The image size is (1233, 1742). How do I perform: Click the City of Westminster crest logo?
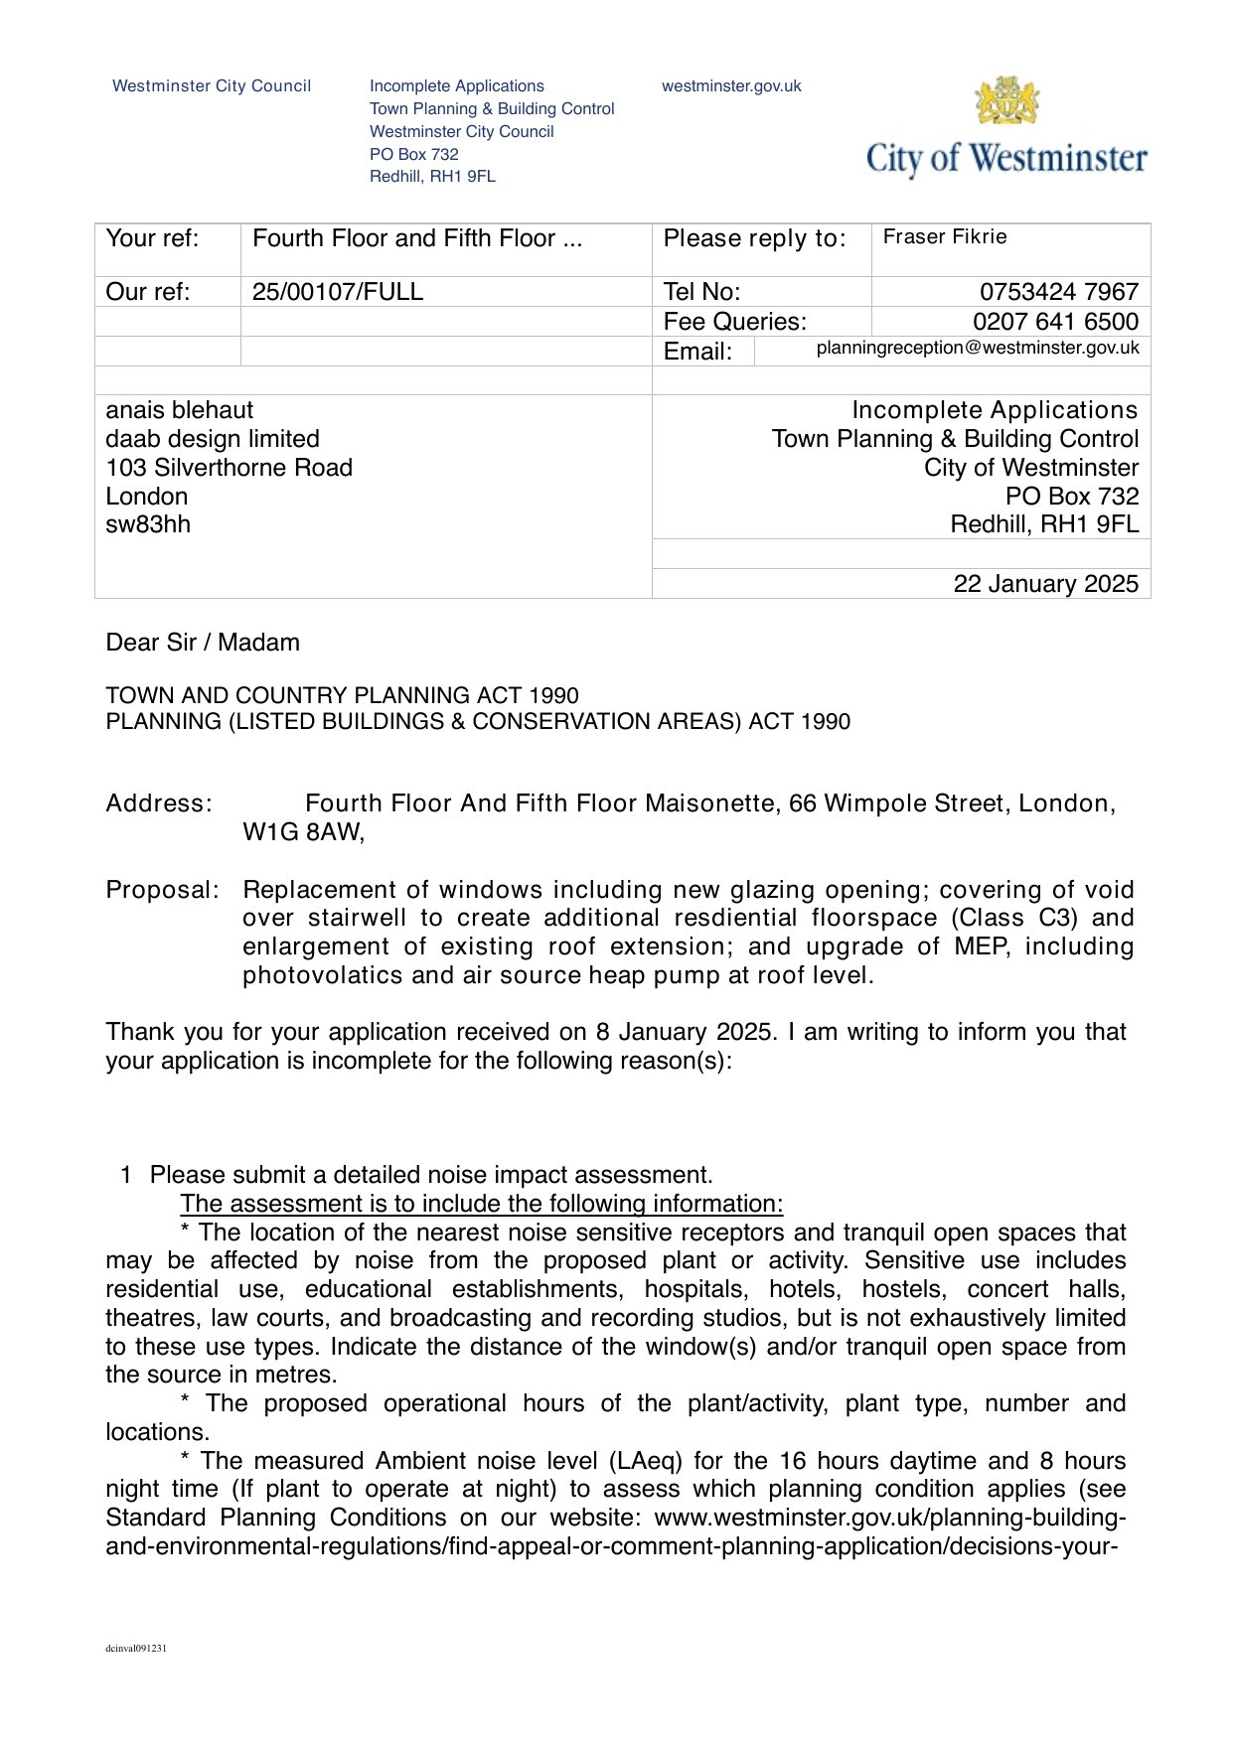pyautogui.click(x=1006, y=101)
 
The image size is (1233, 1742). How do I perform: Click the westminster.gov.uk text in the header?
pyautogui.click(x=731, y=86)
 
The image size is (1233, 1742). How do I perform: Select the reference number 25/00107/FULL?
pyautogui.click(x=338, y=292)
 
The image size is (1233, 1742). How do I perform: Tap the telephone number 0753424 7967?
pyautogui.click(x=1058, y=292)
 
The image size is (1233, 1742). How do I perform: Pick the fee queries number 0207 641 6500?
pyautogui.click(x=1055, y=322)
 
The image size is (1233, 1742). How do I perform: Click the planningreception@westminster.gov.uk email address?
pyautogui.click(x=978, y=349)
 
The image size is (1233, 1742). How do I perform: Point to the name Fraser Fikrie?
pyautogui.click(x=945, y=237)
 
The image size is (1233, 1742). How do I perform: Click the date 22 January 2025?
pyautogui.click(x=1045, y=584)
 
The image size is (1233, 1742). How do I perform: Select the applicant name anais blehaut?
pyautogui.click(x=180, y=410)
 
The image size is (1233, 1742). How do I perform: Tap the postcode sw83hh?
pyautogui.click(x=148, y=524)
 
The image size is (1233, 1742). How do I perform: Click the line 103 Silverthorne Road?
pyautogui.click(x=229, y=468)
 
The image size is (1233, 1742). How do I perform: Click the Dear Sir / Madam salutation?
pyautogui.click(x=203, y=643)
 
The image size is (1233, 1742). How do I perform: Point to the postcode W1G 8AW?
pyautogui.click(x=303, y=832)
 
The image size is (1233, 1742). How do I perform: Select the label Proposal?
pyautogui.click(x=162, y=890)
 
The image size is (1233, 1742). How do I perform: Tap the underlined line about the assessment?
pyautogui.click(x=482, y=1204)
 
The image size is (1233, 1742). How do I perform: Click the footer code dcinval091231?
pyautogui.click(x=136, y=1649)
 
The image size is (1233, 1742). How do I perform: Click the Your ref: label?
pyautogui.click(x=152, y=238)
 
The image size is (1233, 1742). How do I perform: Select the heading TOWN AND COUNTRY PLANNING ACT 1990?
pyautogui.click(x=342, y=695)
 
